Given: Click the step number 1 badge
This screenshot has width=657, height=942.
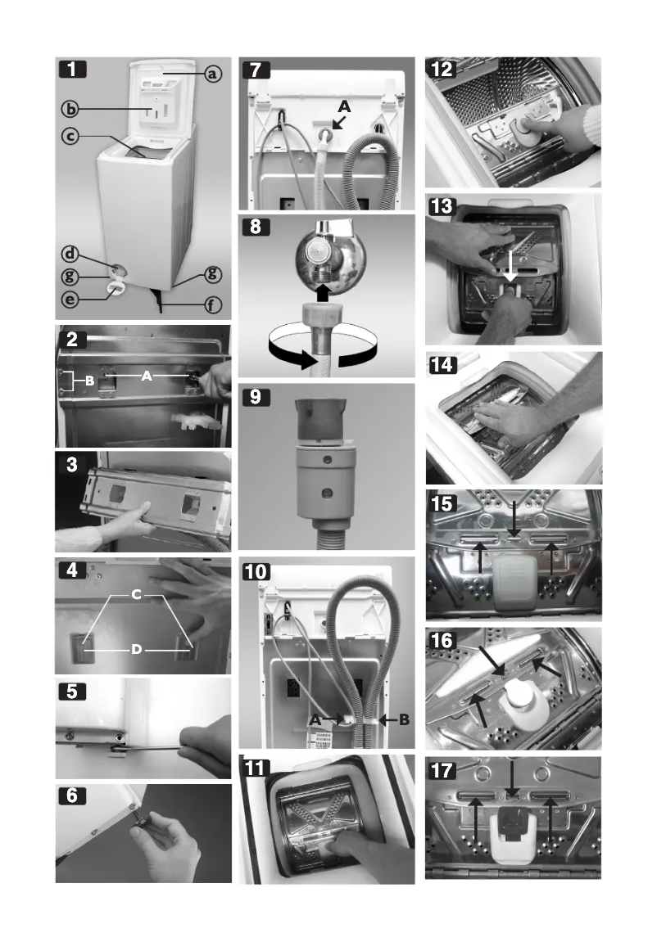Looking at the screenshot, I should click(x=75, y=70).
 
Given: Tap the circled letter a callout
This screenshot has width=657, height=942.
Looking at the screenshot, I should click(x=212, y=74).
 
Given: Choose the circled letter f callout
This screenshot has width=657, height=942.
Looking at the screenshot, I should click(x=212, y=309).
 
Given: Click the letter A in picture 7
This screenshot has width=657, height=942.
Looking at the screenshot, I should click(x=345, y=106).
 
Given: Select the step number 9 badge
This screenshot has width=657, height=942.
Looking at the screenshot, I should click(x=256, y=399).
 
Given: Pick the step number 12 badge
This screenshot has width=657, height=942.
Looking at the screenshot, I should click(x=445, y=70).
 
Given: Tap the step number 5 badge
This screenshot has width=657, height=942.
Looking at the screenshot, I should click(x=75, y=691).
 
